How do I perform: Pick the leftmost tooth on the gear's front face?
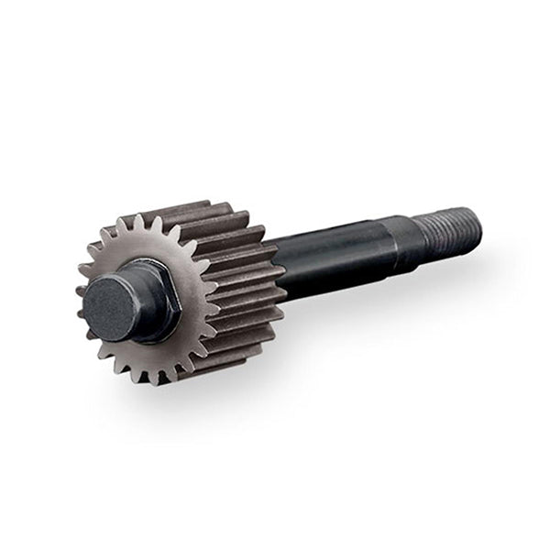pos(82,291)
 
